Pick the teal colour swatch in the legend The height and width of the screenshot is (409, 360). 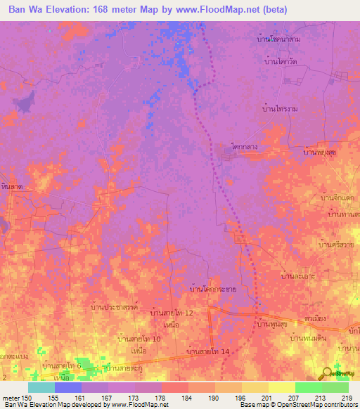(41, 387)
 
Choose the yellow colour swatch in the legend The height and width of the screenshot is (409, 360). (281, 387)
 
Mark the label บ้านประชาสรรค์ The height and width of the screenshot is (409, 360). (117, 307)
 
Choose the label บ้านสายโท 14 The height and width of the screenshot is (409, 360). (209, 350)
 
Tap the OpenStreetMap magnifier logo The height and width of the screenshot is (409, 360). (328, 374)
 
